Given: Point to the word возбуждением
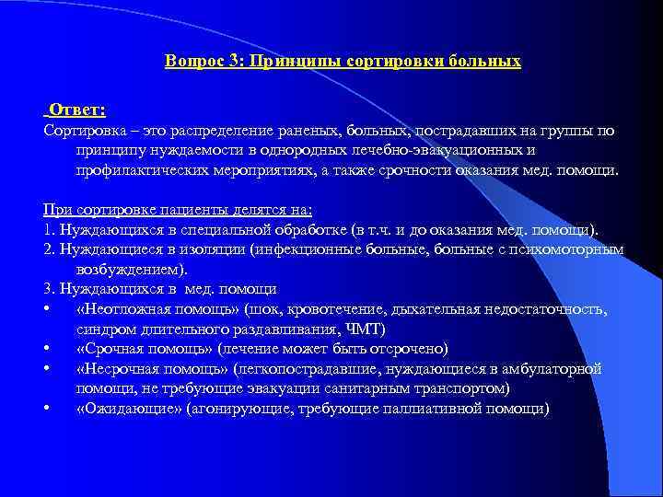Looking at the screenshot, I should click(129, 269).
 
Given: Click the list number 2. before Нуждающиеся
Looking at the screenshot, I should click(49, 249).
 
